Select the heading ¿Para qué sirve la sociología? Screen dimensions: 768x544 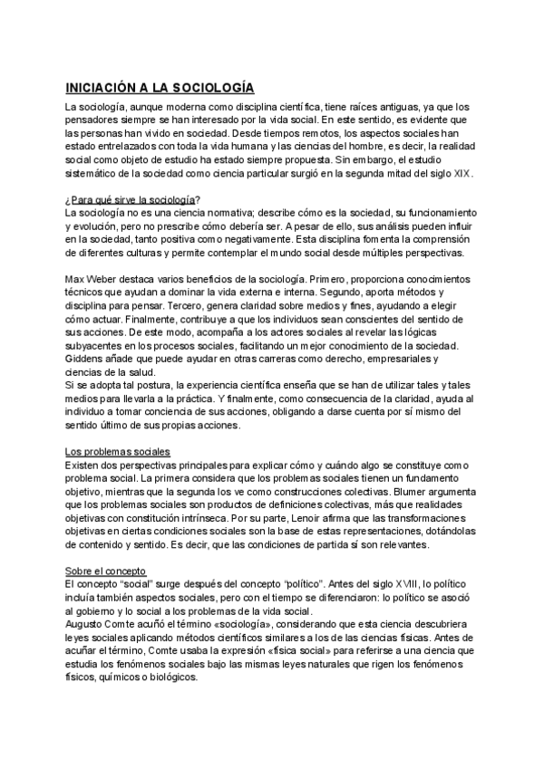[x=133, y=198]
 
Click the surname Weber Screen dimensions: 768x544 [x=108, y=269]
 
